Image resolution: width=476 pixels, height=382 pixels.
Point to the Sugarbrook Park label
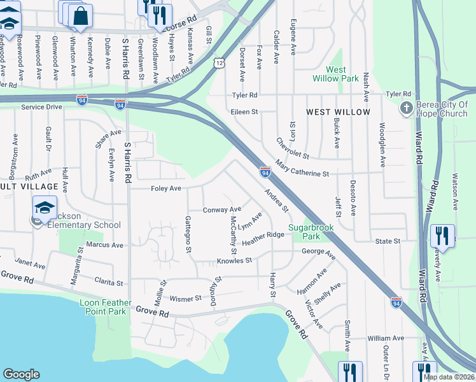point(312,231)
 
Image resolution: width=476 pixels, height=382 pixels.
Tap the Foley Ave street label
point(165,188)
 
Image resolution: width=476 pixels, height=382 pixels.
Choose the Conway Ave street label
point(221,209)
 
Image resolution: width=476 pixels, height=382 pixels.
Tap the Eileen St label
point(244,112)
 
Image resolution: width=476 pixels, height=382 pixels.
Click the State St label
point(387,241)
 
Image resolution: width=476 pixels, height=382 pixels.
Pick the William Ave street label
point(386,338)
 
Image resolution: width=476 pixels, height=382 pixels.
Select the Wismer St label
point(185,298)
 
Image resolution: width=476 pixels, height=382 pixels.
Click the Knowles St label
point(234,260)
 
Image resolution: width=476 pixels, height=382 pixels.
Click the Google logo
point(21,374)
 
